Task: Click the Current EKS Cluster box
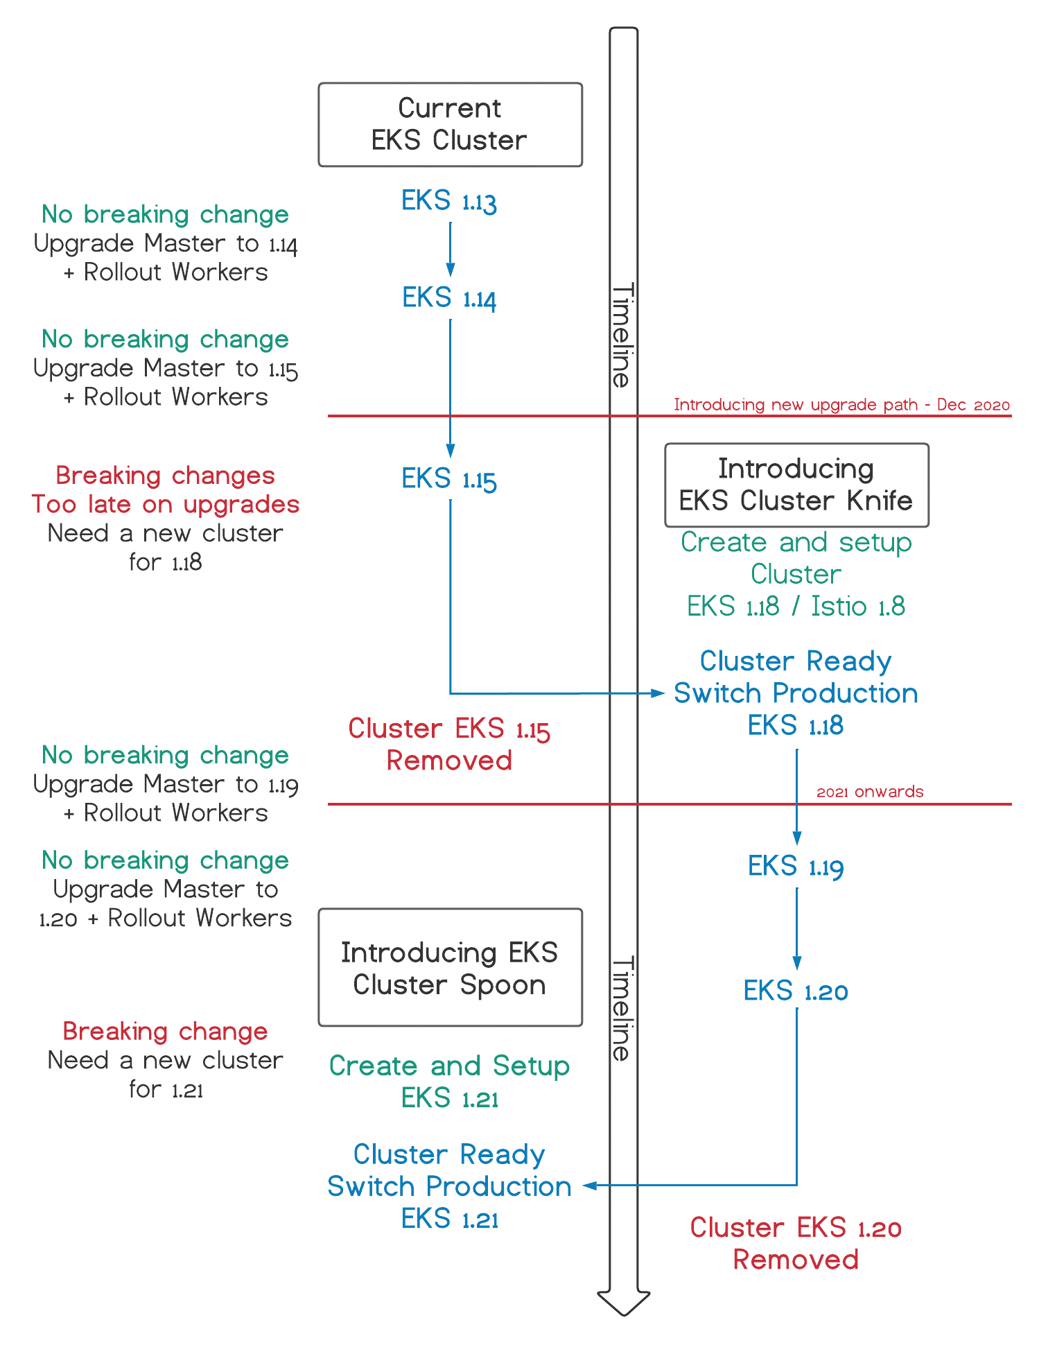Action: [x=450, y=125]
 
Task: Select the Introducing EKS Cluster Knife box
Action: [x=796, y=485]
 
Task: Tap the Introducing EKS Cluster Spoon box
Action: [x=450, y=967]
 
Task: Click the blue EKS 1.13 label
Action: [x=449, y=202]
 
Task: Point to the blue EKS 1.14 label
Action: [x=449, y=299]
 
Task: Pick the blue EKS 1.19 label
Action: [x=796, y=867]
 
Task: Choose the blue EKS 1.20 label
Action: [x=796, y=991]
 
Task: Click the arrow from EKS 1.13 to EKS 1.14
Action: [x=451, y=250]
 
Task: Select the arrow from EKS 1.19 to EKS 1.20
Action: [x=797, y=929]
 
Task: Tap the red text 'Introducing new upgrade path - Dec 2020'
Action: [x=841, y=405]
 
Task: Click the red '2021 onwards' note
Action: [x=870, y=792]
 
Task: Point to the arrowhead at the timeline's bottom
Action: [x=624, y=1303]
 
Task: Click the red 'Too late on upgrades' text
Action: [x=166, y=505]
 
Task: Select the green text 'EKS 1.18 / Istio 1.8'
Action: [x=796, y=607]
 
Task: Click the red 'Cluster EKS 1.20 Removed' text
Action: [x=796, y=1244]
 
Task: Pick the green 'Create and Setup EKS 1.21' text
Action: [x=449, y=1082]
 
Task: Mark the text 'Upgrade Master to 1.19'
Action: [x=166, y=785]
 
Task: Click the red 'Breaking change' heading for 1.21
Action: [x=165, y=1032]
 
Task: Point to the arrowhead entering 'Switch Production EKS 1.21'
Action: [x=591, y=1186]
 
